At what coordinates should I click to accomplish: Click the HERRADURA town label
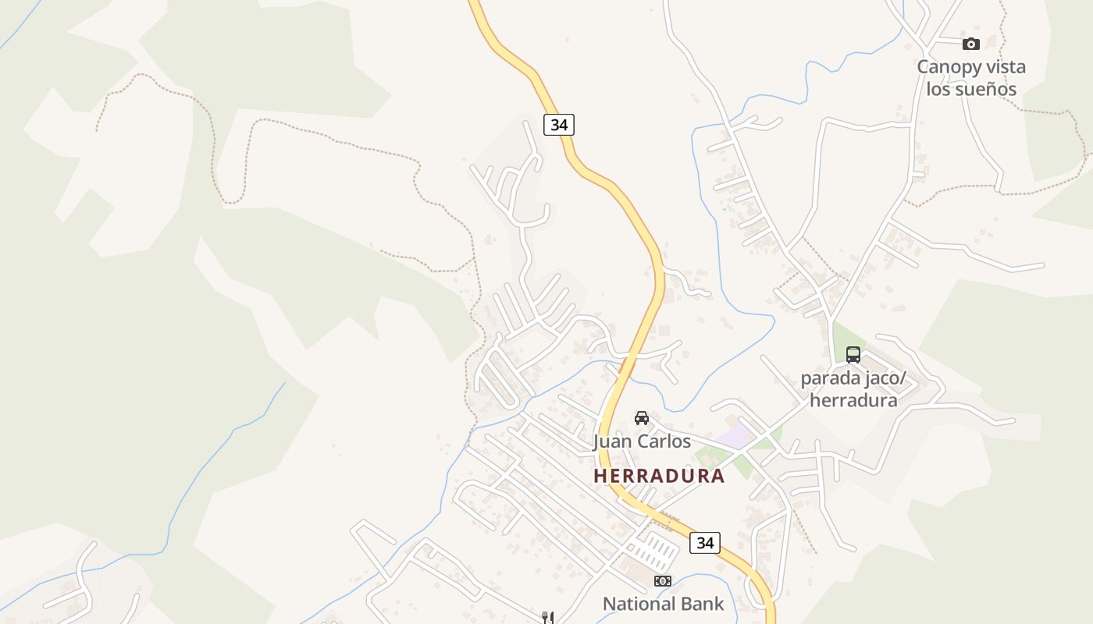(659, 475)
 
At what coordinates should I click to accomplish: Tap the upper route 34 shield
(559, 124)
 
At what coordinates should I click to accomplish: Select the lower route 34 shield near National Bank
(704, 542)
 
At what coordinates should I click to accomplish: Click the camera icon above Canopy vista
(970, 44)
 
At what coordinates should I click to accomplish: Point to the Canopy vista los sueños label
(971, 78)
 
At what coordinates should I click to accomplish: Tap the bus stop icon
(853, 355)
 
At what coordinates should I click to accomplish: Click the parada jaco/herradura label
(853, 390)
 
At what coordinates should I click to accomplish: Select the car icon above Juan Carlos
(642, 417)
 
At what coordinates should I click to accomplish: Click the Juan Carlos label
(642, 441)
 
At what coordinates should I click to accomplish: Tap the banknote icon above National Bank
(662, 580)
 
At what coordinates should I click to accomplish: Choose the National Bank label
(663, 604)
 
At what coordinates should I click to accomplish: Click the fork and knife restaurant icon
(548, 618)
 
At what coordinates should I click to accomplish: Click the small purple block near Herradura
(735, 437)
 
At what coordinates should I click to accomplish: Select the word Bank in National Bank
(701, 604)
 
